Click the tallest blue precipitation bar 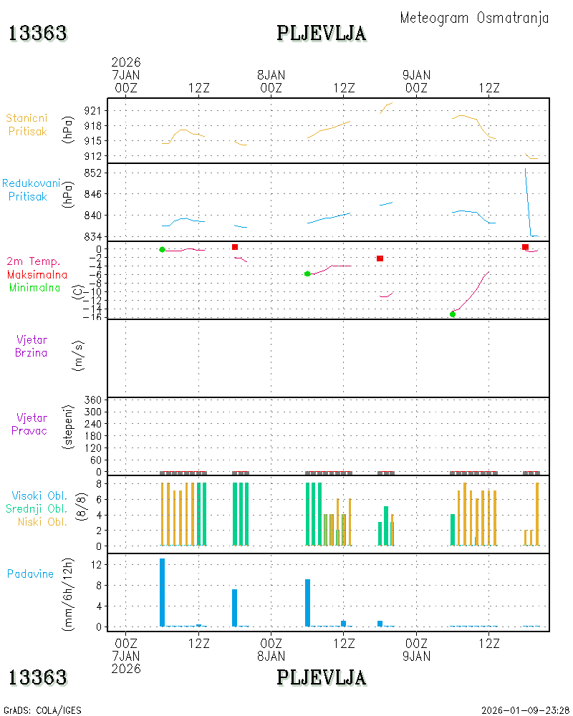click(x=162, y=592)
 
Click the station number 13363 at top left click(x=38, y=34)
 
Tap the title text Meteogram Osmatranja click(x=474, y=18)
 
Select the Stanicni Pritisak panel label click(x=27, y=125)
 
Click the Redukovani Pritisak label click(x=31, y=190)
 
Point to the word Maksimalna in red click(x=37, y=275)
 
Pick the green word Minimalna click(x=34, y=288)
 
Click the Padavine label click(x=30, y=574)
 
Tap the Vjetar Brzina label click(x=32, y=346)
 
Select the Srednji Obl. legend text click(x=37, y=508)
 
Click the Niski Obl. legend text click(x=42, y=522)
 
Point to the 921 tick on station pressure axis click(x=93, y=110)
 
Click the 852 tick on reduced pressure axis click(x=93, y=173)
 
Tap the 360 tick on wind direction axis click(x=93, y=400)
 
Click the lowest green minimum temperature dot click(x=453, y=314)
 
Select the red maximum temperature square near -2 click(x=380, y=258)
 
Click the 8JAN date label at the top click(x=271, y=75)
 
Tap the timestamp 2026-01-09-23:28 click(x=525, y=710)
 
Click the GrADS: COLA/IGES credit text click(x=42, y=710)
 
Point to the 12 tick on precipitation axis click(x=96, y=565)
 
